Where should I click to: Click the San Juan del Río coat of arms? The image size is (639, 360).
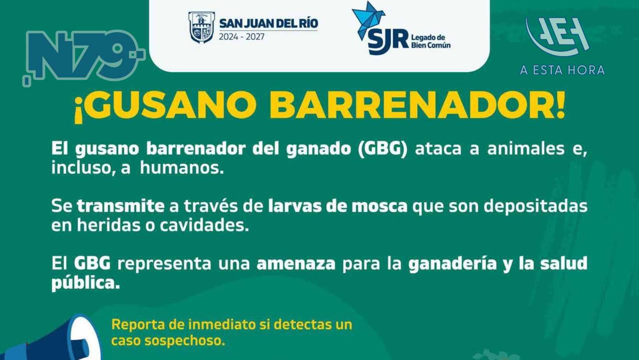click(201, 27)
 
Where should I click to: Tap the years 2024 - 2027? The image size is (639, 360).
click(242, 37)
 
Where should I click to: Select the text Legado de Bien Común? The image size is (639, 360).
click(431, 41)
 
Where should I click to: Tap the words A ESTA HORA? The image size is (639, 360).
click(562, 70)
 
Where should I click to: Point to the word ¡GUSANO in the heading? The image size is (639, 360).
click(166, 105)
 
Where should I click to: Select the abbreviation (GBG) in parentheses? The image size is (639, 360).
click(382, 148)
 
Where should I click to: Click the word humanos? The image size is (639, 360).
click(182, 168)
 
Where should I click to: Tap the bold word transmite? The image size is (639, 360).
click(120, 206)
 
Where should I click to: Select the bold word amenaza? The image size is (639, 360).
click(296, 263)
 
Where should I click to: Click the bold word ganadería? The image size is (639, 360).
click(452, 263)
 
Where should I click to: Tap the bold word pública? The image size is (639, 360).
click(85, 283)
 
